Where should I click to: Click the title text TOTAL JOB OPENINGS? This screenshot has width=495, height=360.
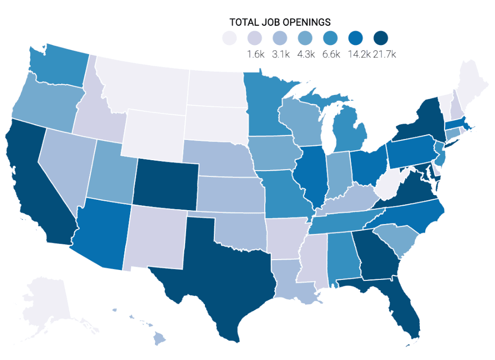(x=280, y=22)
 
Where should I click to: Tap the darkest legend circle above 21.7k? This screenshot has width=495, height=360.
(x=381, y=38)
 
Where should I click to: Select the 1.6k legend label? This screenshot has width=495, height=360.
(x=255, y=54)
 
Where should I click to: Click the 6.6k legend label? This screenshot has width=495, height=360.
(x=331, y=54)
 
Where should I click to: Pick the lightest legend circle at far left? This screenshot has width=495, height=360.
(x=229, y=38)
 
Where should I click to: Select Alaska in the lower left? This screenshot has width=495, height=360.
(x=45, y=302)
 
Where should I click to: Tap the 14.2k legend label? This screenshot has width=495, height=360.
(x=359, y=54)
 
